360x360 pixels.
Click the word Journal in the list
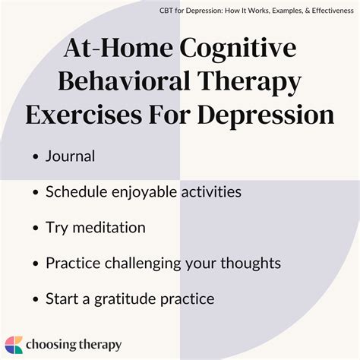pos(70,156)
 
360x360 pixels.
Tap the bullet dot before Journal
pos(36,157)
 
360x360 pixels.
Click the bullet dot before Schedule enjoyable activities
pos(36,193)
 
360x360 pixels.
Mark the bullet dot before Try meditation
pos(36,229)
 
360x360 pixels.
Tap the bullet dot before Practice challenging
pos(36,264)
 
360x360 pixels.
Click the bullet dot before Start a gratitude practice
pos(36,299)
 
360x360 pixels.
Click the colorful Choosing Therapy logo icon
pos(14,344)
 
